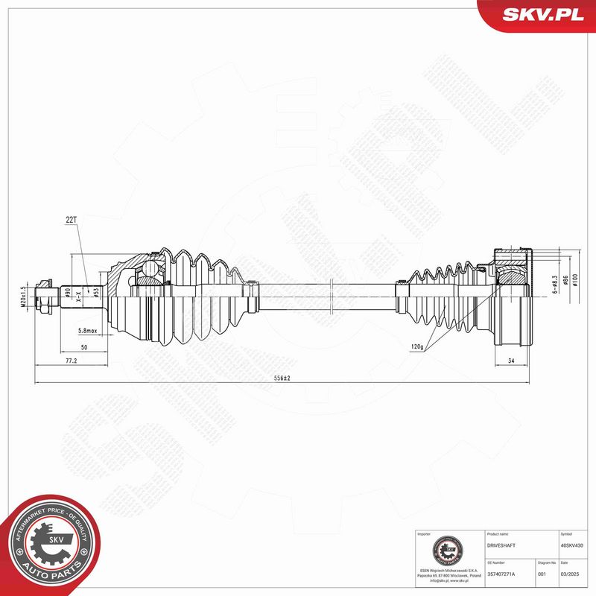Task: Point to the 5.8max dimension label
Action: (90, 330)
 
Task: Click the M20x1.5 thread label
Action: (23, 296)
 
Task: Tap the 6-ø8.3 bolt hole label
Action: (555, 285)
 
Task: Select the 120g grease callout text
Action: (416, 346)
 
